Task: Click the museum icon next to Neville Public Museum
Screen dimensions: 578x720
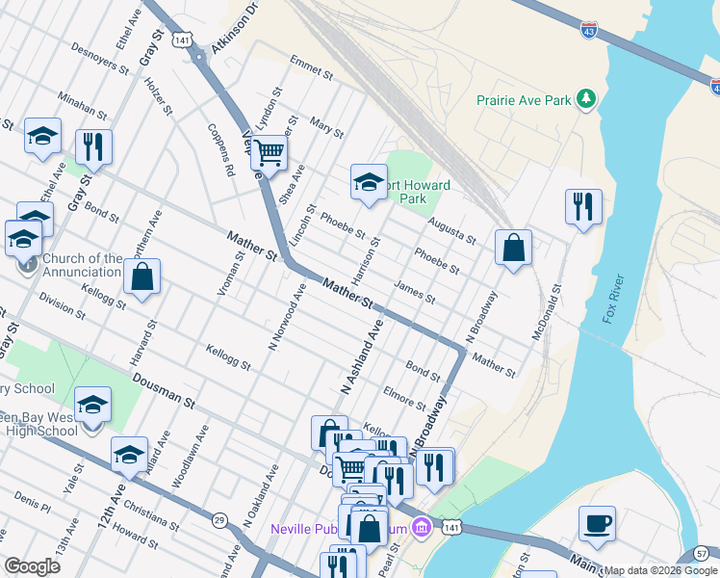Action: pos(420,528)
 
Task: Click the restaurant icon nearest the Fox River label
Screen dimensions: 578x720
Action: pos(584,206)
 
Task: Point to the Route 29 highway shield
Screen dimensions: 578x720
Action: pos(219,520)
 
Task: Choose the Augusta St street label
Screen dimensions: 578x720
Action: pos(452,229)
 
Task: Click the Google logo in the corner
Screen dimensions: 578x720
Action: pos(33,566)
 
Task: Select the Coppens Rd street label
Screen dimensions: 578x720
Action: pos(221,149)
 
